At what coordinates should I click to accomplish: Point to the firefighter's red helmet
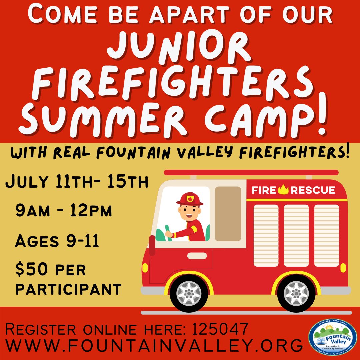190,199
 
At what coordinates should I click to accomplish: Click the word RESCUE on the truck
313,190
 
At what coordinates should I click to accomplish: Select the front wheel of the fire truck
189,293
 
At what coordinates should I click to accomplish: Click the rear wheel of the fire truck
296,293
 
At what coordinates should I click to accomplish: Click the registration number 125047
220,330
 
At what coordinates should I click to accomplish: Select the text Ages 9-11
57,241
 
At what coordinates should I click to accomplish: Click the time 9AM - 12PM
63,212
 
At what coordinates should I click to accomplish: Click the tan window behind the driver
228,214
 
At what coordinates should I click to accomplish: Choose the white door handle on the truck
197,256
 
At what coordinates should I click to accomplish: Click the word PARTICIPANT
68,289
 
